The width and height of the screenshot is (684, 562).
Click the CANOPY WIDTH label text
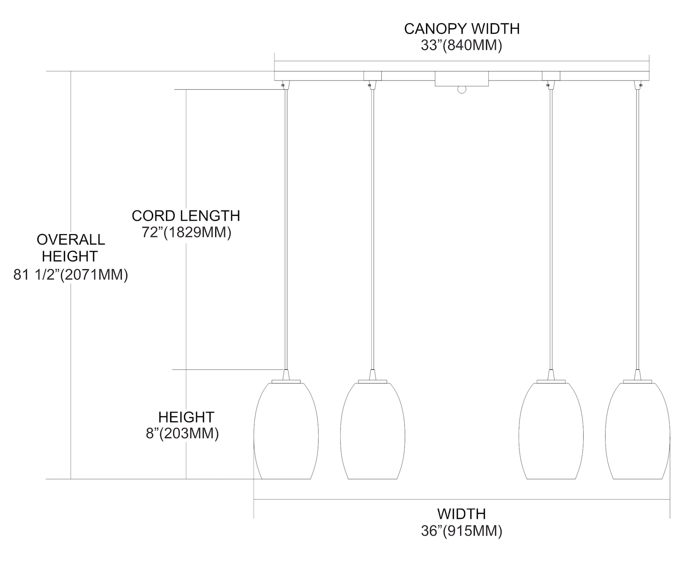pyautogui.click(x=461, y=29)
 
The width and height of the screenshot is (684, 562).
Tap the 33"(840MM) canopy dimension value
pyautogui.click(x=461, y=46)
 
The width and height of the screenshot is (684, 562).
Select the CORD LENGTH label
pyautogui.click(x=186, y=216)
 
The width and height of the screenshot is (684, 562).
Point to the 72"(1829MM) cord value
pyautogui.click(x=187, y=232)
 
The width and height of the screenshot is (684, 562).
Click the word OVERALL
pyautogui.click(x=71, y=240)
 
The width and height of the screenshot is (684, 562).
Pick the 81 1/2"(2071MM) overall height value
pyautogui.click(x=71, y=275)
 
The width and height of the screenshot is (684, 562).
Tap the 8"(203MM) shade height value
pyautogui.click(x=182, y=434)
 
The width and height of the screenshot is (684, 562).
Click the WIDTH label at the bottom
pyautogui.click(x=461, y=514)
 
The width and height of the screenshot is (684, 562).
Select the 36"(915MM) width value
pyautogui.click(x=461, y=531)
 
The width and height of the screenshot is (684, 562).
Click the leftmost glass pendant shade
pyautogui.click(x=286, y=431)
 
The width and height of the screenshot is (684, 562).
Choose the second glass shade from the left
pyautogui.click(x=373, y=431)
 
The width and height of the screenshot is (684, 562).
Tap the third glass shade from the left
pyautogui.click(x=551, y=431)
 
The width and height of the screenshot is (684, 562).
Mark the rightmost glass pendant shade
pyautogui.click(x=637, y=431)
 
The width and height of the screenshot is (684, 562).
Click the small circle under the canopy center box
pyautogui.click(x=461, y=90)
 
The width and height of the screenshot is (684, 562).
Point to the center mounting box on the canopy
pyautogui.click(x=461, y=79)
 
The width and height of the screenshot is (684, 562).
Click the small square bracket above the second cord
pyautogui.click(x=373, y=76)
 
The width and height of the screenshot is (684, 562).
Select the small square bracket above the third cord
pyautogui.click(x=551, y=76)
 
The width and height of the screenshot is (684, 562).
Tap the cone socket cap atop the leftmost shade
pyautogui.click(x=286, y=375)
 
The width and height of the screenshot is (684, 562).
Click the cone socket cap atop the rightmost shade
pyautogui.click(x=637, y=375)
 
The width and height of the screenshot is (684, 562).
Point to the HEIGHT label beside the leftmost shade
pyautogui.click(x=186, y=417)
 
